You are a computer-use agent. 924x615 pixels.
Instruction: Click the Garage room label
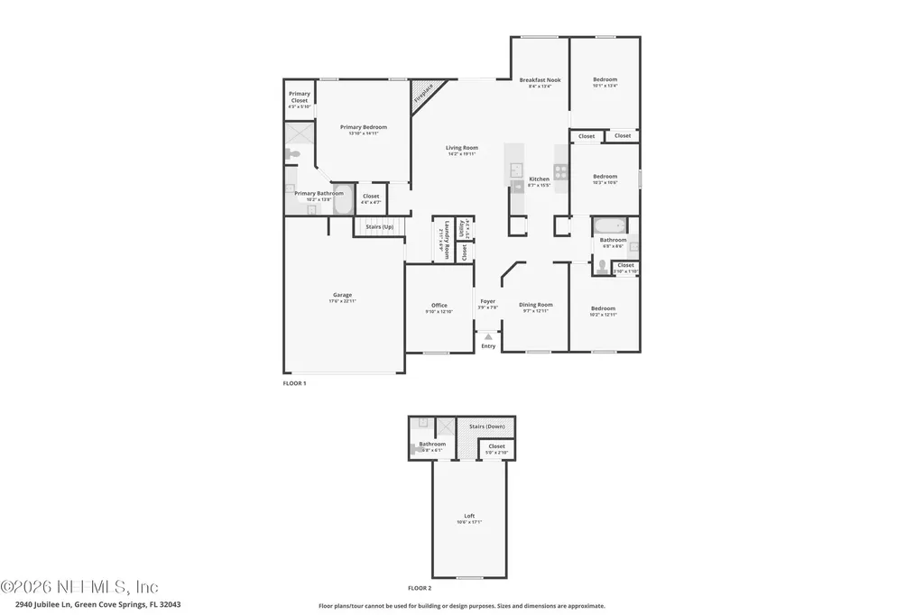pos(342,295)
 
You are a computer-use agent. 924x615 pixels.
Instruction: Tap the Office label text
pos(439,306)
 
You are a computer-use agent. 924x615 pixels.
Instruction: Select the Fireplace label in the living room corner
pos(423,94)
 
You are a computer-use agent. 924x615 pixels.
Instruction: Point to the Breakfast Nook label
pos(540,80)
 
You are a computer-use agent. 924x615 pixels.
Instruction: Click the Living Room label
pos(462,148)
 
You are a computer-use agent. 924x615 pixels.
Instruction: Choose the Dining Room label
pos(536,305)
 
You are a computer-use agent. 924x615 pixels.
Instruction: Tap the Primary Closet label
pos(299,96)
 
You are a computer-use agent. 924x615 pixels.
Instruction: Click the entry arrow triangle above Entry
pos(488,336)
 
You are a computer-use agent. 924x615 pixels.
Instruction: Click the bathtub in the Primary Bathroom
pos(342,202)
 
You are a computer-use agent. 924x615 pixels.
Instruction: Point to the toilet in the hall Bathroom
pos(602,266)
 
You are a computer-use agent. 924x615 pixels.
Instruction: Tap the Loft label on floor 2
pos(469,516)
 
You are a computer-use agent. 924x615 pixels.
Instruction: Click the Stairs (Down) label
pos(487,426)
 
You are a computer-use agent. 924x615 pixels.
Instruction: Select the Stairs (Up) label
pos(378,226)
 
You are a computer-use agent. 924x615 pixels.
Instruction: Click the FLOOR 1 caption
pos(295,383)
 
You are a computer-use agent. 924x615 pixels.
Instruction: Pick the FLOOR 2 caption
pos(420,587)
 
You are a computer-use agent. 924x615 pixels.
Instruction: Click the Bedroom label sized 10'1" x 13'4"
pos(605,80)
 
